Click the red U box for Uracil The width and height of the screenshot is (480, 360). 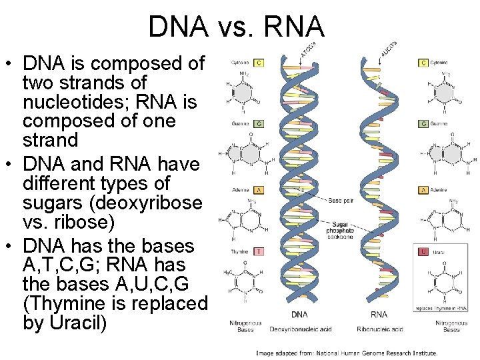click(x=423, y=252)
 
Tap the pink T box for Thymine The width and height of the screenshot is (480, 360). click(x=259, y=252)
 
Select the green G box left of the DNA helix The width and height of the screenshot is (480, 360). click(x=259, y=124)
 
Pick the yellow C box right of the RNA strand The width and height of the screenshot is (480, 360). click(x=423, y=63)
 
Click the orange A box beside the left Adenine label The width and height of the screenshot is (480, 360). click(x=259, y=190)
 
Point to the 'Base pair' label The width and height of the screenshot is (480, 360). click(x=341, y=200)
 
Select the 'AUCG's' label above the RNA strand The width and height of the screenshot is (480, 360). click(x=389, y=48)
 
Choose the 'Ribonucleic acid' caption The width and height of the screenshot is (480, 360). click(x=380, y=329)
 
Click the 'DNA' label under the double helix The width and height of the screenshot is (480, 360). click(x=299, y=315)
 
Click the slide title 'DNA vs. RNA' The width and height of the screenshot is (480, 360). click(x=237, y=27)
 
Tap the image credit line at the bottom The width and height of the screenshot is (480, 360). click(x=347, y=352)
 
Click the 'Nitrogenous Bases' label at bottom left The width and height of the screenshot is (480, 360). click(x=247, y=326)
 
